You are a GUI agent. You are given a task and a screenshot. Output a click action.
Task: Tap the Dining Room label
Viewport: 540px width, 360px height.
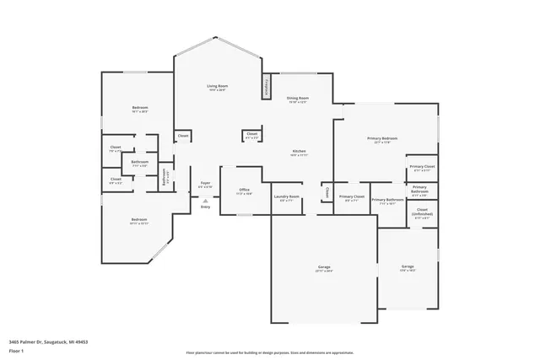[x=297, y=99]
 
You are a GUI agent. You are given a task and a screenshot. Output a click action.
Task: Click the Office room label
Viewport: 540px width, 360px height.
[x=243, y=191]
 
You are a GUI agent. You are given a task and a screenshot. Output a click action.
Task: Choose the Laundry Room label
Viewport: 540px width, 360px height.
[x=287, y=198]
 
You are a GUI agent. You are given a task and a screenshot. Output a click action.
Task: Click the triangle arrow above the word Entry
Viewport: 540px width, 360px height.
[x=205, y=200]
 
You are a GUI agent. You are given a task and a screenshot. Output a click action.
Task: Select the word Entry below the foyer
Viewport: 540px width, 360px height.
[x=205, y=207]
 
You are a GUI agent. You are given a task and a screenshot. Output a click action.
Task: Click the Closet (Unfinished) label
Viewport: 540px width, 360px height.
[x=422, y=212]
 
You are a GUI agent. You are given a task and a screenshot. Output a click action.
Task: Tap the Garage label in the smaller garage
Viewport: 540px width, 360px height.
[x=408, y=267]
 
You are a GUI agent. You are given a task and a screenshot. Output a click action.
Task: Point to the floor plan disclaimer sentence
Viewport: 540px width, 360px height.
[x=270, y=353]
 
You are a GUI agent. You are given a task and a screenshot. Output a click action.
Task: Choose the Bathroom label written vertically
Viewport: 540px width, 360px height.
[x=164, y=175]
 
